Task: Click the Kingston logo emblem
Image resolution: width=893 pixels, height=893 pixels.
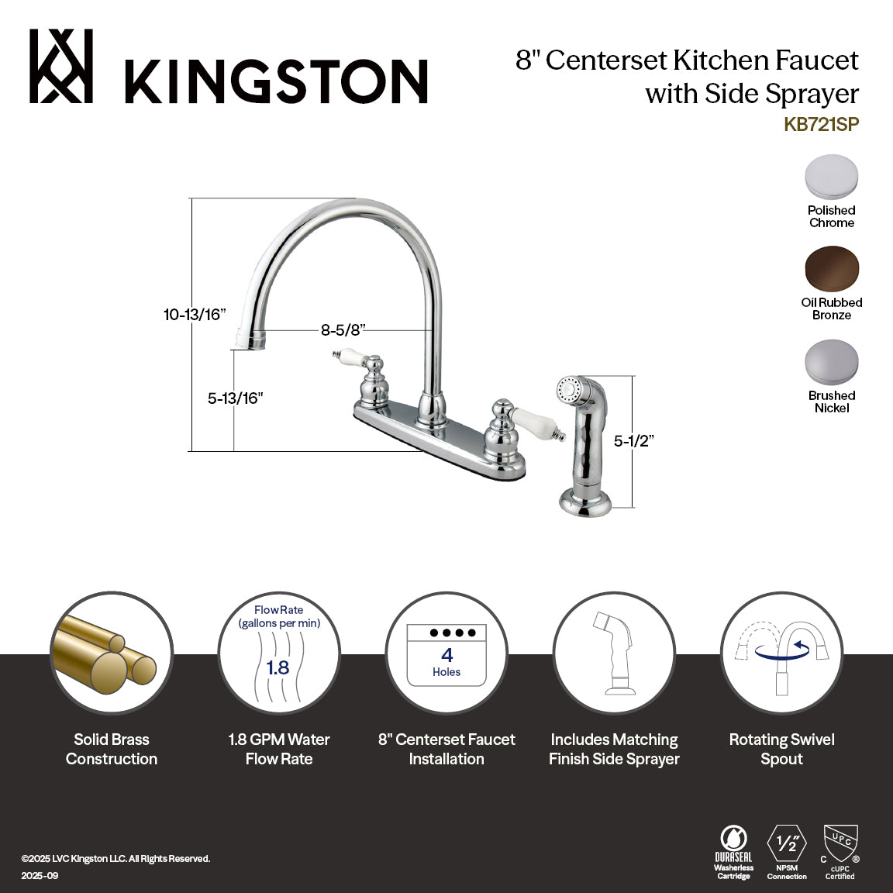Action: point(61,66)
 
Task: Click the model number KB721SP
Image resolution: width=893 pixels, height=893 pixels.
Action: point(821,124)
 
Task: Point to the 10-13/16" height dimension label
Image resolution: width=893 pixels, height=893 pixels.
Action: point(194,315)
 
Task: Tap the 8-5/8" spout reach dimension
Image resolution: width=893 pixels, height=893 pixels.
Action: point(343,330)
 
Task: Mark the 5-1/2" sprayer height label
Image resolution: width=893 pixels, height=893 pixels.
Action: point(634,440)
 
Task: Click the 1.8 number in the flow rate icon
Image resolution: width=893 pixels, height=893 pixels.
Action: point(278,667)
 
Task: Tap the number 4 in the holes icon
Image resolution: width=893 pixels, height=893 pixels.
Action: point(446,656)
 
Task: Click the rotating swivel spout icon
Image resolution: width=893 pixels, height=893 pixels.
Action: point(781,652)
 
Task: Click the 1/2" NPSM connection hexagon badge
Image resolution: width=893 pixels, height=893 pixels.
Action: point(787,843)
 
